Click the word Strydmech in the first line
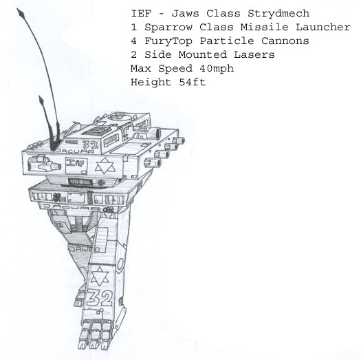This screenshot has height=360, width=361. pos(278,14)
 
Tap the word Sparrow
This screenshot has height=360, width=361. pos(168,28)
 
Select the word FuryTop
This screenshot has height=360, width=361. pos(168,41)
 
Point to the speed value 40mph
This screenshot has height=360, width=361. pos(217,69)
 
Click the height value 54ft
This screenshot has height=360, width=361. pos(193,82)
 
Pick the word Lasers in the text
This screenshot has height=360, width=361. pos(254,55)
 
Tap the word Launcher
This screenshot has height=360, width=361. pos(322,28)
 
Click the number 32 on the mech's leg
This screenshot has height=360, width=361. pos(100,298)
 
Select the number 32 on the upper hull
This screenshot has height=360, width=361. pos(91,145)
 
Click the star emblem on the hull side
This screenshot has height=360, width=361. pos(105,166)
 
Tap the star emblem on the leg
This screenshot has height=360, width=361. pos(100,276)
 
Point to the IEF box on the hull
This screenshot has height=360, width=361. pos(76,166)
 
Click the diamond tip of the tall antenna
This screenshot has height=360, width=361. pos(21,12)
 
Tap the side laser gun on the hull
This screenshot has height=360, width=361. pos(44,163)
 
